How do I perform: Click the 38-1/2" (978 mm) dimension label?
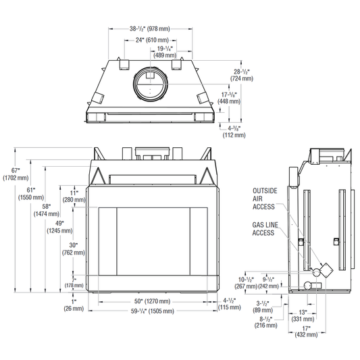point(150,28)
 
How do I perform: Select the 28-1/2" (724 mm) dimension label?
point(242,75)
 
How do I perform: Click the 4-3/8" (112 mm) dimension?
point(234,132)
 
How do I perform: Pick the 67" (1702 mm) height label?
point(16,174)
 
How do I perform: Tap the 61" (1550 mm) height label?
point(31,194)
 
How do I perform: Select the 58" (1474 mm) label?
point(47,210)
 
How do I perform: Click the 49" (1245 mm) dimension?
point(59,227)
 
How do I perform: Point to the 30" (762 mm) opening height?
point(74,249)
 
